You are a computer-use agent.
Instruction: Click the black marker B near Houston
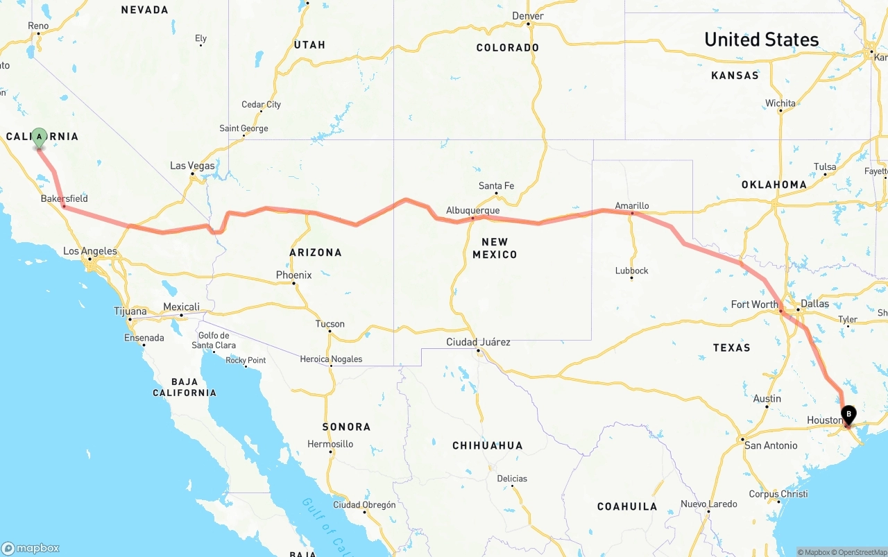coord(848,414)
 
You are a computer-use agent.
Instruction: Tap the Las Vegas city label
coord(192,166)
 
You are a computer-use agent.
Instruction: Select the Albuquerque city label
coord(472,210)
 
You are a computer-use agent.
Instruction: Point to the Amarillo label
coord(632,205)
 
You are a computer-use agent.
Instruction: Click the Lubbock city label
coord(631,271)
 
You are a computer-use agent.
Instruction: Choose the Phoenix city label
coord(293,275)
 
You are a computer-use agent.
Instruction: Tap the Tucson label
coord(330,324)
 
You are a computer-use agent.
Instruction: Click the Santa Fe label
coord(496,185)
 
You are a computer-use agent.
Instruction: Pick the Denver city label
coord(528,16)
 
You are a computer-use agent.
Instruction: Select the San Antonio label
coord(770,445)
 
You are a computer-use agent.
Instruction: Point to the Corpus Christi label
coord(778,494)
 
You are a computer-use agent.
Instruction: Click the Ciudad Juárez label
coord(478,342)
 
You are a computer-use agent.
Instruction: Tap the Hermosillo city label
coord(330,444)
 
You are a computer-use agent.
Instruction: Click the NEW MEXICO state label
coord(495,248)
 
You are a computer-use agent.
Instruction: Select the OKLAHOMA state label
coord(774,185)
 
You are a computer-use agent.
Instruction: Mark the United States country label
coord(761,40)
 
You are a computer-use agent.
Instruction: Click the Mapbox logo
coord(31,548)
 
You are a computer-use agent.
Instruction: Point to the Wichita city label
coord(780,103)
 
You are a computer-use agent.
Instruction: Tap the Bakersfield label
coord(64,198)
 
